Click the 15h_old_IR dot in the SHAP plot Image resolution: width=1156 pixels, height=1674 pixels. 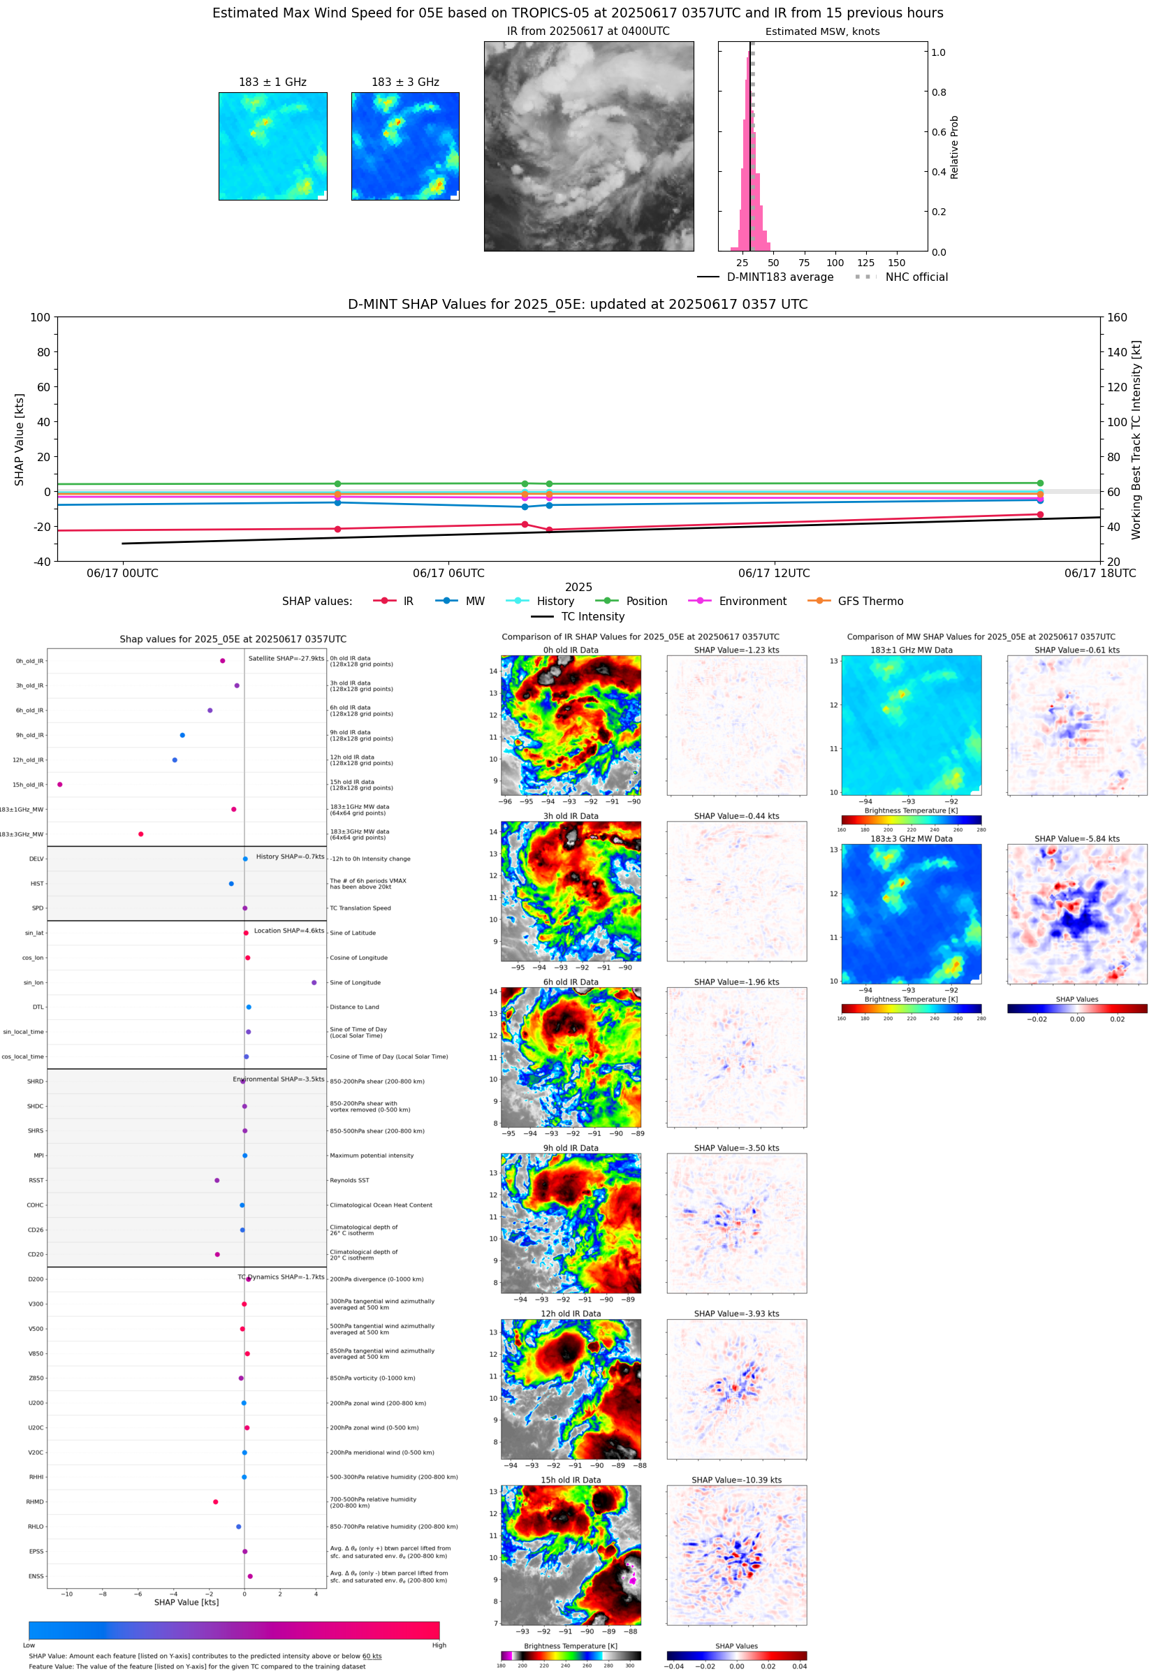coord(59,785)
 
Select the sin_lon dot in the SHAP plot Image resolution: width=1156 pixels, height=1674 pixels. coord(314,982)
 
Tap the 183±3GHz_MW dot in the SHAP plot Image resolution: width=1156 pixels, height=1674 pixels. coord(140,834)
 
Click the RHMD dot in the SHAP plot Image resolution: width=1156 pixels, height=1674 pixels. coord(215,1501)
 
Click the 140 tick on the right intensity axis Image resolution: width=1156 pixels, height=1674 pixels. coord(1117,352)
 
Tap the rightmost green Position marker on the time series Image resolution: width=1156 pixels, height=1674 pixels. coord(1040,483)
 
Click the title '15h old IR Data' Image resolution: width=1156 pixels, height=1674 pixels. coord(571,1480)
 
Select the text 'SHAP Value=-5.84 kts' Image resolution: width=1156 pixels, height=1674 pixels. coord(1076,839)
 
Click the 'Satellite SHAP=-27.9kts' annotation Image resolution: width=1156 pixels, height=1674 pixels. coord(286,658)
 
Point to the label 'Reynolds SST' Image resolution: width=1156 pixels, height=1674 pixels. coord(349,1180)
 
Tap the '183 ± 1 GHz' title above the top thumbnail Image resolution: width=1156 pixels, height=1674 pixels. coord(272,82)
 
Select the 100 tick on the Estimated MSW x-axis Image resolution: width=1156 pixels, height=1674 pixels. coord(835,263)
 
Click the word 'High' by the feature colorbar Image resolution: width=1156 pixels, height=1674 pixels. coord(439,1645)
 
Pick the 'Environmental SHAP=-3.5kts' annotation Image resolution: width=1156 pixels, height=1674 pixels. coord(278,1079)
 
